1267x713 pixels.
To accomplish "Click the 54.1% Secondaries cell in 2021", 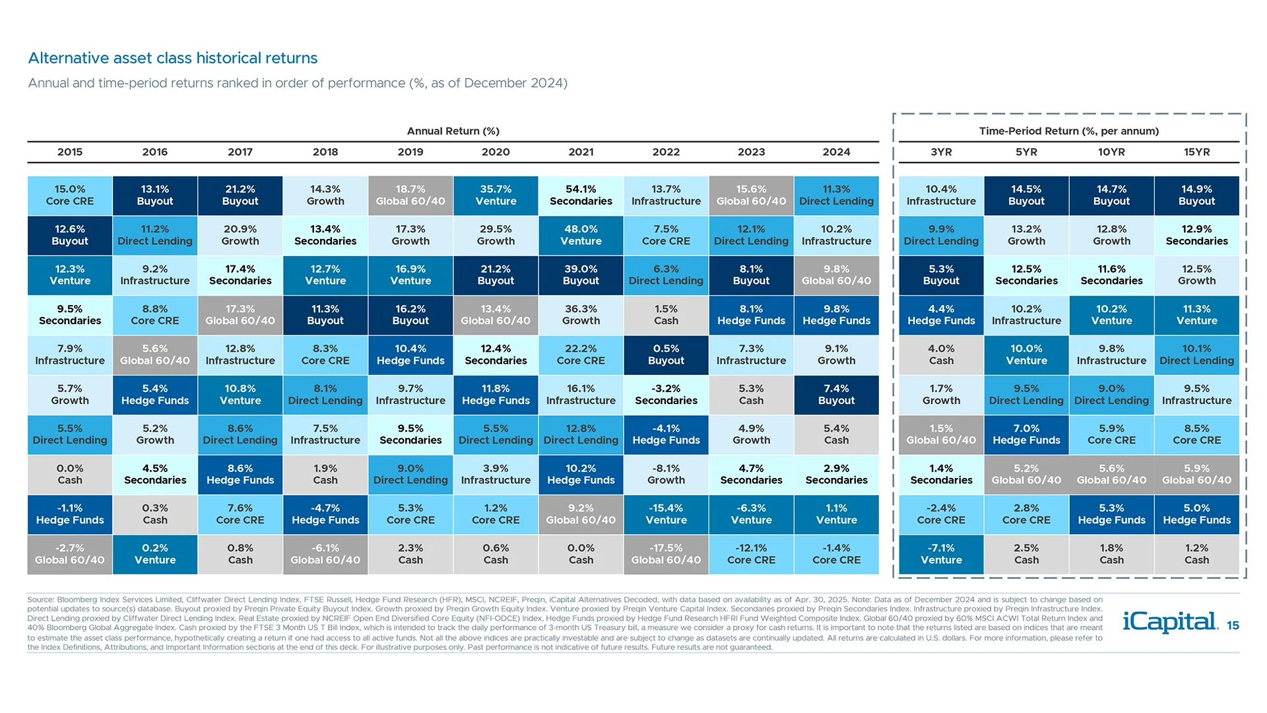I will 581,195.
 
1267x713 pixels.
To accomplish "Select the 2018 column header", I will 325,152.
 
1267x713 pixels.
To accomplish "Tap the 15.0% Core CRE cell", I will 70,195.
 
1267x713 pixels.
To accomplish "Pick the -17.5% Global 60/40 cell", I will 666,554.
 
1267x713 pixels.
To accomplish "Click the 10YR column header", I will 1111,152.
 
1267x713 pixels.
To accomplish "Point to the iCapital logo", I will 1169,622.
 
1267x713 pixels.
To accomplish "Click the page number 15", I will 1233,625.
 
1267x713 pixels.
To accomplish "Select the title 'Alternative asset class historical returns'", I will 173,58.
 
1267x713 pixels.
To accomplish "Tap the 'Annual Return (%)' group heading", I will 453,131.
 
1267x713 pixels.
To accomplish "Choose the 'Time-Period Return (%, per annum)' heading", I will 1068,131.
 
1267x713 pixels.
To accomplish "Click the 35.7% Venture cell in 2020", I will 496,195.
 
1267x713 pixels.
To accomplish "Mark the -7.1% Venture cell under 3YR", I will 941,554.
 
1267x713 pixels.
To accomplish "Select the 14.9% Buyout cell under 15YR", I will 1196,195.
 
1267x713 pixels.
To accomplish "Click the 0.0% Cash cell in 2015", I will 70,474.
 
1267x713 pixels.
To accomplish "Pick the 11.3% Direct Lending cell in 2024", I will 836,195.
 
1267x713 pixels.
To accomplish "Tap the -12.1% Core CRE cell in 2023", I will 751,554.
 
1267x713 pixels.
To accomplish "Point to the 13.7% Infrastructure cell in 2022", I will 666,195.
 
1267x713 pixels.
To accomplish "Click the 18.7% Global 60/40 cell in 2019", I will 410,195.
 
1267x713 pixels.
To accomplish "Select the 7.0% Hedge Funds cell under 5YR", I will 1026,434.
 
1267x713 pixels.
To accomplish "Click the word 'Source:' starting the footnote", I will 40,599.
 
